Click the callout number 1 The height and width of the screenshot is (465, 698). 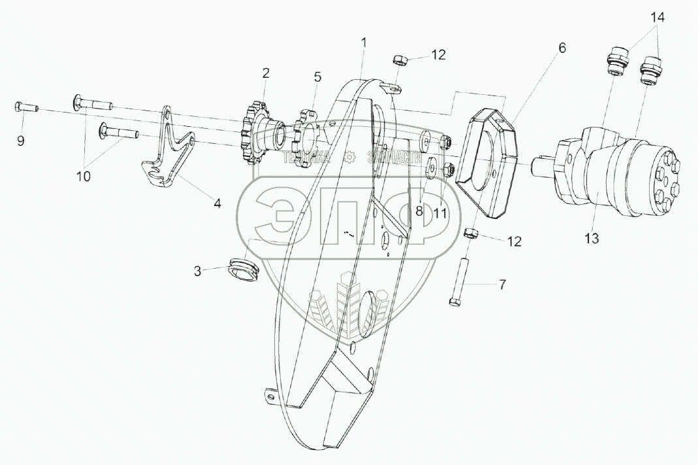(x=364, y=43)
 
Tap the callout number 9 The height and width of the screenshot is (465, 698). (x=21, y=141)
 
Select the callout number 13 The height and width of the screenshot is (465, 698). (x=591, y=239)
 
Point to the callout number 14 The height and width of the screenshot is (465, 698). (x=658, y=18)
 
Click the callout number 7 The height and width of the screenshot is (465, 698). (x=501, y=284)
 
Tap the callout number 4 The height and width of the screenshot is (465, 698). (x=217, y=203)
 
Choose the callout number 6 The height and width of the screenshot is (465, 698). (x=562, y=48)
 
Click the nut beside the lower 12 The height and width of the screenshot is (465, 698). (x=469, y=233)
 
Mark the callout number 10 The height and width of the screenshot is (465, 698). (x=84, y=177)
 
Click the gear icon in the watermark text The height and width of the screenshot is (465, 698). (x=349, y=158)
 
